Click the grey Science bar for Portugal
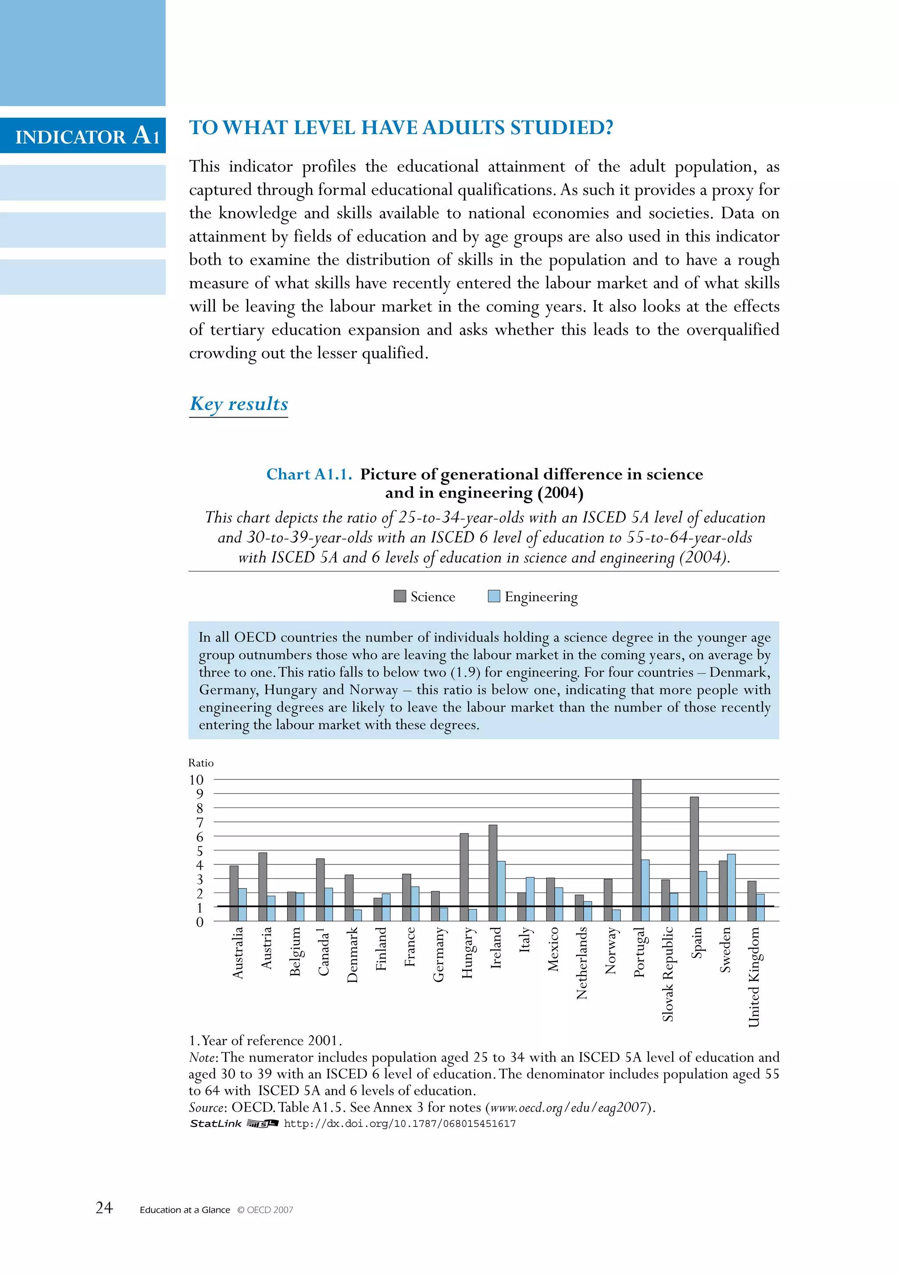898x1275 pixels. [x=637, y=850]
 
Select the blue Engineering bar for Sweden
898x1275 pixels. [x=731, y=887]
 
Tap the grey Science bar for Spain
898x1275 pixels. [x=694, y=858]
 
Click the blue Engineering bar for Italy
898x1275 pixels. [x=530, y=899]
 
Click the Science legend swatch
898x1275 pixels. [x=399, y=596]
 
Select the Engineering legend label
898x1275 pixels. [x=541, y=597]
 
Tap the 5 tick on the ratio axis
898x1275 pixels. [x=200, y=851]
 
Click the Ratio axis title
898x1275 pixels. [x=201, y=763]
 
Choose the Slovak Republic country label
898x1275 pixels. [x=668, y=974]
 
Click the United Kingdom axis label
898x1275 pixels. [x=754, y=977]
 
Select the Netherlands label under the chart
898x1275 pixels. [x=582, y=963]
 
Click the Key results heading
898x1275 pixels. [x=239, y=404]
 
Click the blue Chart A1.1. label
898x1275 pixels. [x=309, y=474]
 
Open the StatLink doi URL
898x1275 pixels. [x=399, y=1124]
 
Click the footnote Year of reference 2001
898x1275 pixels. [x=266, y=1040]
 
